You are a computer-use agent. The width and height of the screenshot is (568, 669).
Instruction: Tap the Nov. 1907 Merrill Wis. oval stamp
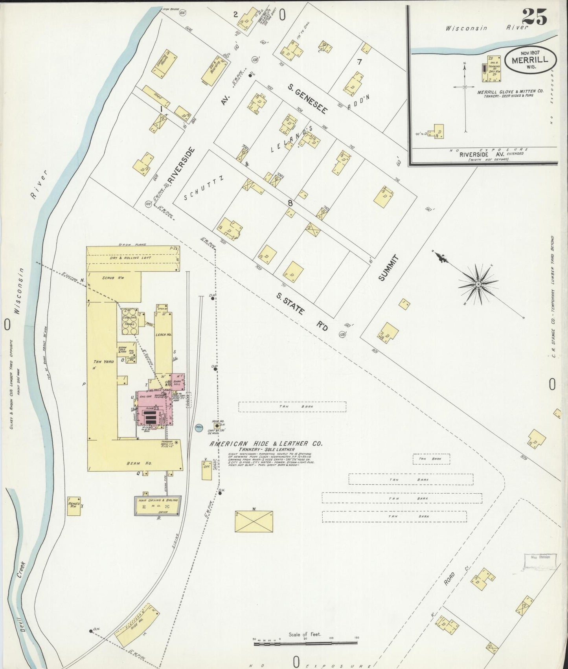pos(531,61)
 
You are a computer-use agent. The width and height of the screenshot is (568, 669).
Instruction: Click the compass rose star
pos(478,284)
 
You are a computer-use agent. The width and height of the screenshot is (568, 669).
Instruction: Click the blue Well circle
pos(199,427)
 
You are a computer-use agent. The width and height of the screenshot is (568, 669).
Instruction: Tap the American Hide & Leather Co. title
pos(266,443)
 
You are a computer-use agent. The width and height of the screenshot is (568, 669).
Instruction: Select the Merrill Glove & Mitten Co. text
pos(510,91)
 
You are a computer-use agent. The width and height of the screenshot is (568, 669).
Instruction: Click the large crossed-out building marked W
pos(254,522)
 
